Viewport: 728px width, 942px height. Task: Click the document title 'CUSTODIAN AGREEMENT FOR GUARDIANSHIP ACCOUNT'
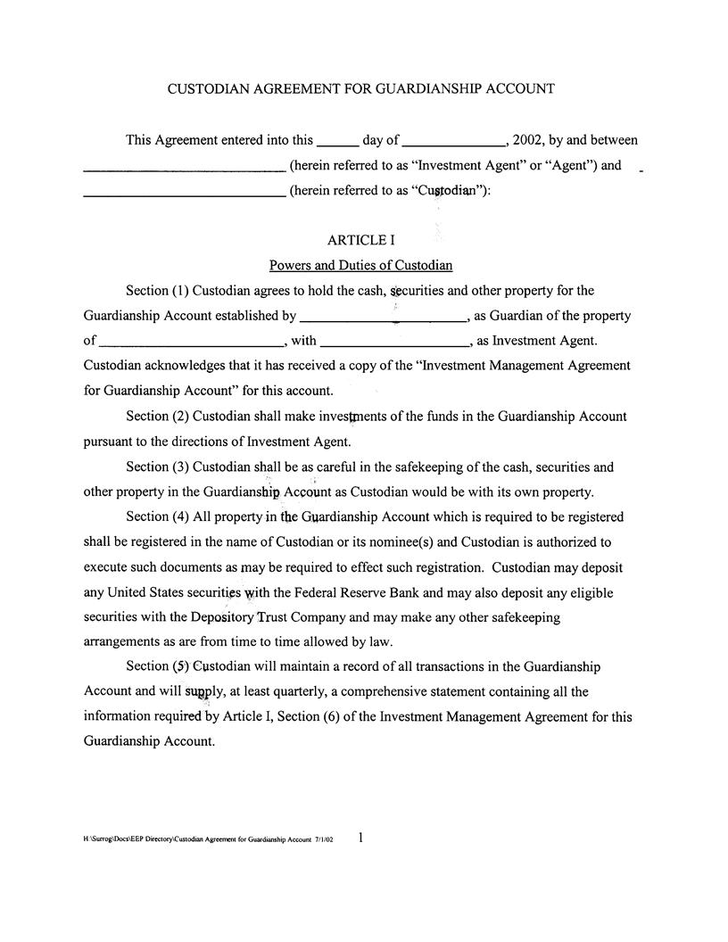(361, 89)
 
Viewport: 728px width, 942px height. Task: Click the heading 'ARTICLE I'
(361, 241)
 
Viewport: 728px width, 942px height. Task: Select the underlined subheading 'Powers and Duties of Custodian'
(361, 266)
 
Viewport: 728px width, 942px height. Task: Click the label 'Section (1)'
(157, 291)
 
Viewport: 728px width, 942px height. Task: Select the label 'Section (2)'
(157, 417)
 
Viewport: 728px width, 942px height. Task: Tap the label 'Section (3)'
(157, 467)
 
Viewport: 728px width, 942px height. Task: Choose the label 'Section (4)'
(157, 517)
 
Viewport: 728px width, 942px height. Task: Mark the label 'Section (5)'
(157, 667)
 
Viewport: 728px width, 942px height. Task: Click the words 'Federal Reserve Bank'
(375, 593)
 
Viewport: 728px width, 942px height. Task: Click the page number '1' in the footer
(360, 838)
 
